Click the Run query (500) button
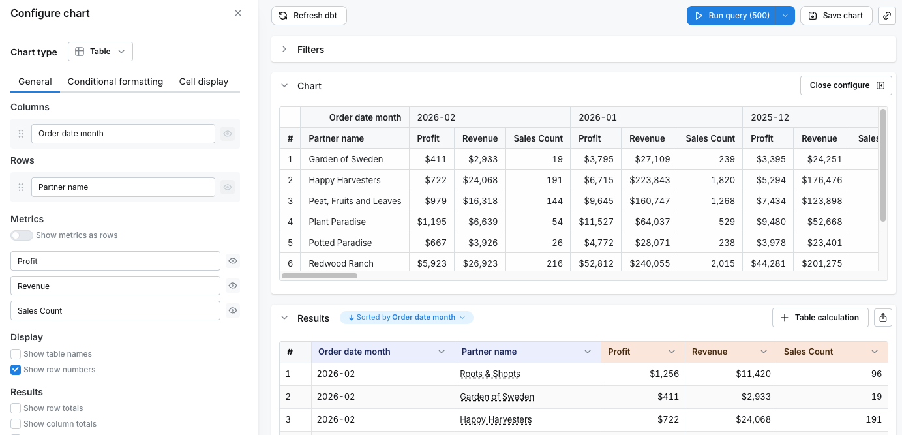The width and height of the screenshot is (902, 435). pos(731,16)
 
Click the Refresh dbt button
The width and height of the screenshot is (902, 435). pos(308,16)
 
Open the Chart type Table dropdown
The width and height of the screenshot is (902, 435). pos(100,52)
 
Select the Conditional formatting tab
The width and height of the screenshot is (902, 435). pos(115,82)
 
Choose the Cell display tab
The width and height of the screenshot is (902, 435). pos(203,82)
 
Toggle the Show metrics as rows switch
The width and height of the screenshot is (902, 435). pos(22,235)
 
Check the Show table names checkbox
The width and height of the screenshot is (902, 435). pos(16,354)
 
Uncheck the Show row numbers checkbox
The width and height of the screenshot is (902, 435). pos(16,370)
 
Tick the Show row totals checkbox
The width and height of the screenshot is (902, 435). pos(16,408)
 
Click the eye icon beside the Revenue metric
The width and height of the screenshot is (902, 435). pos(232,286)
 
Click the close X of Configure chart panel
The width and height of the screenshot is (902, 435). pos(238,13)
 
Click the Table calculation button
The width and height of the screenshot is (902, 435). pos(820,318)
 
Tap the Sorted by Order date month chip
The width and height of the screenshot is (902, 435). pos(406,318)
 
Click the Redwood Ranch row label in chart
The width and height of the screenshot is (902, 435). pos(341,263)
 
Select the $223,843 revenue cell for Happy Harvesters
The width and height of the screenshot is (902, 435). pos(647,180)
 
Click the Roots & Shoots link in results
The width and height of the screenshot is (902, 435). pos(490,374)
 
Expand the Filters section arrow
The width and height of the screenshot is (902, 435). pos(284,50)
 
